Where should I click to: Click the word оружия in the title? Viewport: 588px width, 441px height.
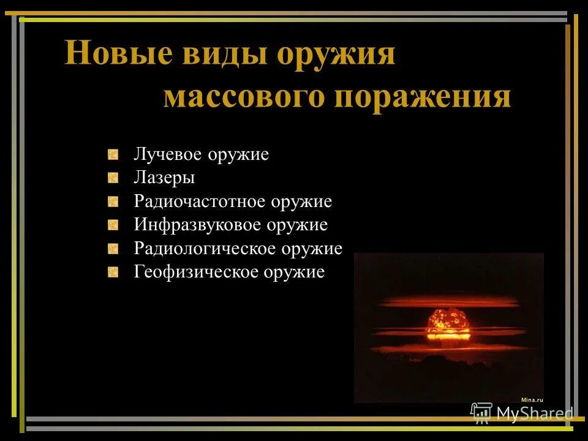tap(336, 55)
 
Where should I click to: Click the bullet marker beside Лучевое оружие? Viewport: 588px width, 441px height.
tap(113, 154)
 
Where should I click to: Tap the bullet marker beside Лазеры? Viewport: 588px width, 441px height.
tap(113, 178)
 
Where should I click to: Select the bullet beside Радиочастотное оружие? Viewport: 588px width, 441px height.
tap(113, 202)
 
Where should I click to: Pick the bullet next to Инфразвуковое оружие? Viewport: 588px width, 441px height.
tap(113, 225)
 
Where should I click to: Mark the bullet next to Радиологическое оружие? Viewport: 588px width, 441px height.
tap(113, 249)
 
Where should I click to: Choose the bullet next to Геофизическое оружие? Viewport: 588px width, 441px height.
tap(113, 272)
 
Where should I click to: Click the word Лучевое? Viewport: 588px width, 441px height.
tap(168, 154)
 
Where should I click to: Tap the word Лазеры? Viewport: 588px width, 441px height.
tap(164, 178)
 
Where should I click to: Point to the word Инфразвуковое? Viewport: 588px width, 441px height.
tap(198, 225)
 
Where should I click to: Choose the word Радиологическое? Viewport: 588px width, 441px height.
tap(205, 249)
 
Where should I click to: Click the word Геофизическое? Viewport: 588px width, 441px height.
tap(196, 272)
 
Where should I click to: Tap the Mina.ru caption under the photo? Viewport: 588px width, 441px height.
tap(532, 399)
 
